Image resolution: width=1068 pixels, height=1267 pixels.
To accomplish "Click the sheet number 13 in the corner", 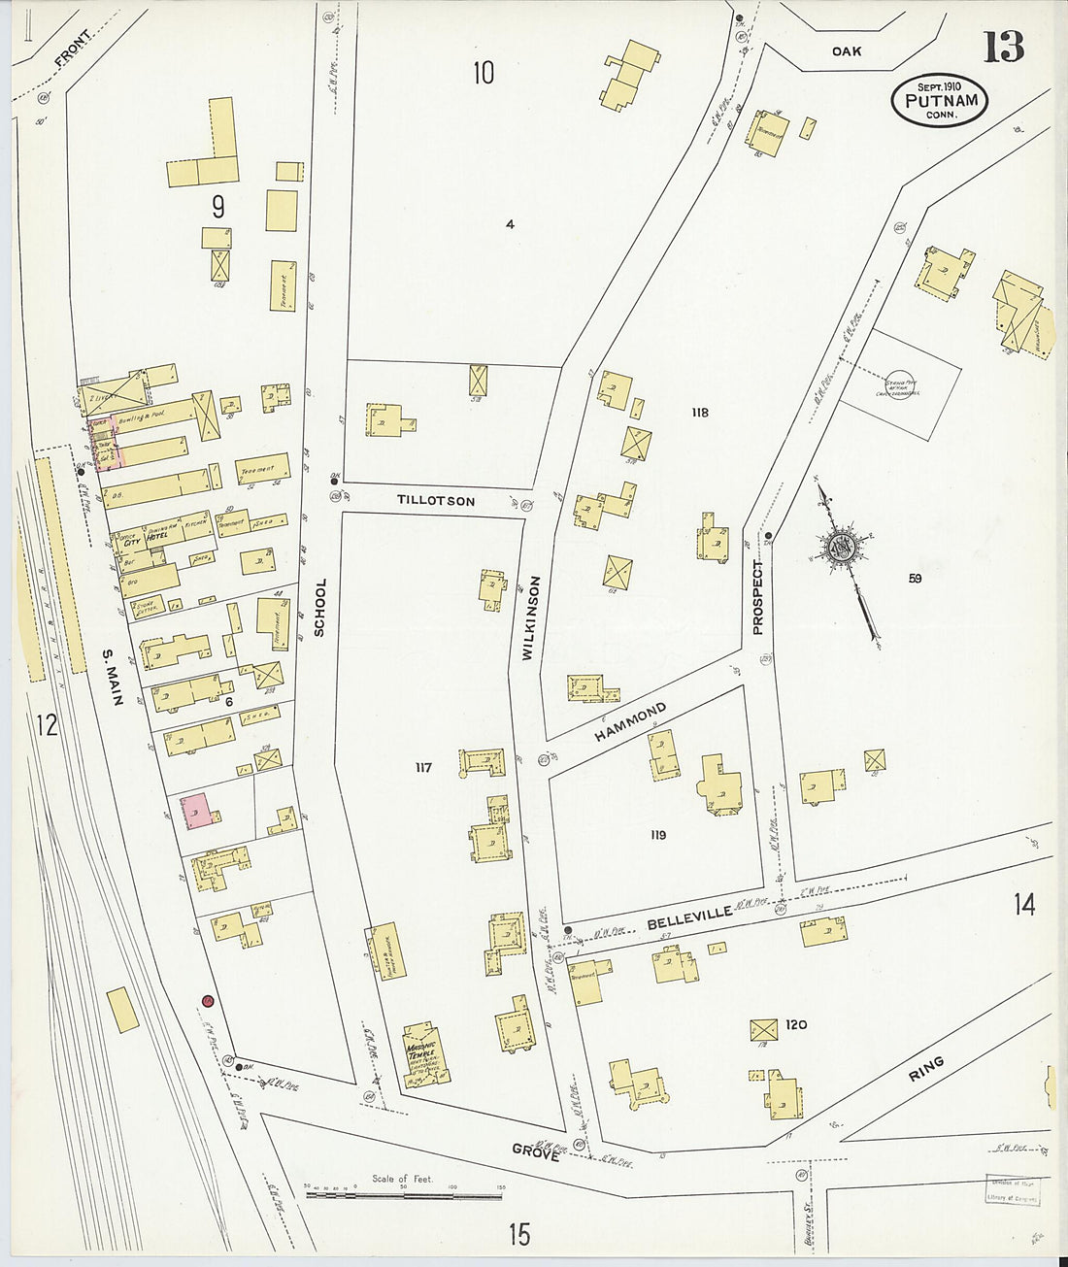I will [1003, 47].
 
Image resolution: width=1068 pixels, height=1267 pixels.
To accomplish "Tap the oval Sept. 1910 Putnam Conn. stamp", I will [939, 100].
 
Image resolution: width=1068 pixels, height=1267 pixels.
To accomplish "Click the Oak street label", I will [846, 50].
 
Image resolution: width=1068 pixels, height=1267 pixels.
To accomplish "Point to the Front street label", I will [74, 49].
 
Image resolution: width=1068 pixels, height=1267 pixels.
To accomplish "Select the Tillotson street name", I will [436, 500].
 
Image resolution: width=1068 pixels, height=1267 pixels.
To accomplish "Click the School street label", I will [320, 608].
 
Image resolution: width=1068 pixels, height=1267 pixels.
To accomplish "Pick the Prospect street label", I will [758, 597].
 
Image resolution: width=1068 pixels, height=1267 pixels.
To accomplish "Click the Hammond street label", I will [631, 723].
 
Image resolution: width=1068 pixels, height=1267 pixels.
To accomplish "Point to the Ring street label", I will [926, 1070].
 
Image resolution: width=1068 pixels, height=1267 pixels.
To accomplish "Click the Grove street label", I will [536, 1151].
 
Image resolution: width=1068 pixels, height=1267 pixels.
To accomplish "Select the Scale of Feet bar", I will [406, 1194].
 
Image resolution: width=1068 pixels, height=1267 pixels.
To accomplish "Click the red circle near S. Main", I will [208, 1001].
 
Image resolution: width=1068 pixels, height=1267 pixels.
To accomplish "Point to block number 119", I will [658, 834].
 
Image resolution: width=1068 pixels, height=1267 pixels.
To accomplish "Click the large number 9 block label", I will [218, 206].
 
